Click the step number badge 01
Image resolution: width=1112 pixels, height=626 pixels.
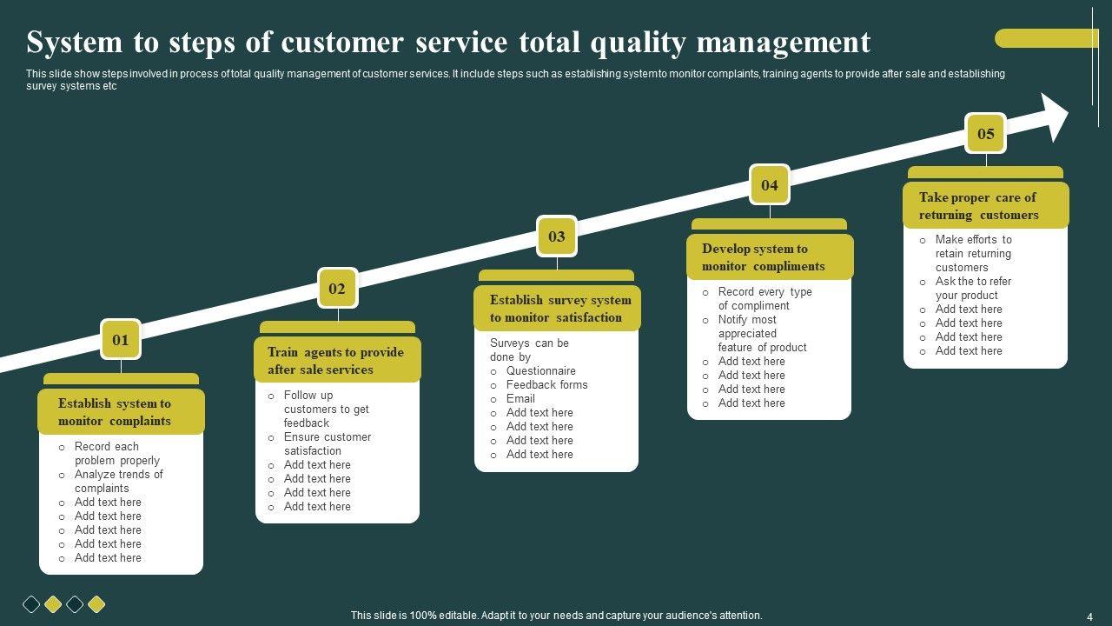121,340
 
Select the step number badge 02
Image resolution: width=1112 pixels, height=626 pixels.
337,289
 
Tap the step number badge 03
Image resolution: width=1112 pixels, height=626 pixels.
557,236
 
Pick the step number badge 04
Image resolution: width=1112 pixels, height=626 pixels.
770,184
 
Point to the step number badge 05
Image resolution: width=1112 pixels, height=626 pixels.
986,134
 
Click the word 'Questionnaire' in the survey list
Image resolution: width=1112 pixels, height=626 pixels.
540,370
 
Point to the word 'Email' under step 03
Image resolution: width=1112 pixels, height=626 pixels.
520,398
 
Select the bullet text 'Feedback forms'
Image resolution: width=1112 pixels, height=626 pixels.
546,384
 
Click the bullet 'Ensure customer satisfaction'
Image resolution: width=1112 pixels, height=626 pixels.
327,443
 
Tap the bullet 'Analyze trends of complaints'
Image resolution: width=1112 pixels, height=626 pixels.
118,481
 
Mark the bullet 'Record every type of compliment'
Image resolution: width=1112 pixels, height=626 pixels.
764,298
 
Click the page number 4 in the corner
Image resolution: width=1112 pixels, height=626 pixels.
1089,616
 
